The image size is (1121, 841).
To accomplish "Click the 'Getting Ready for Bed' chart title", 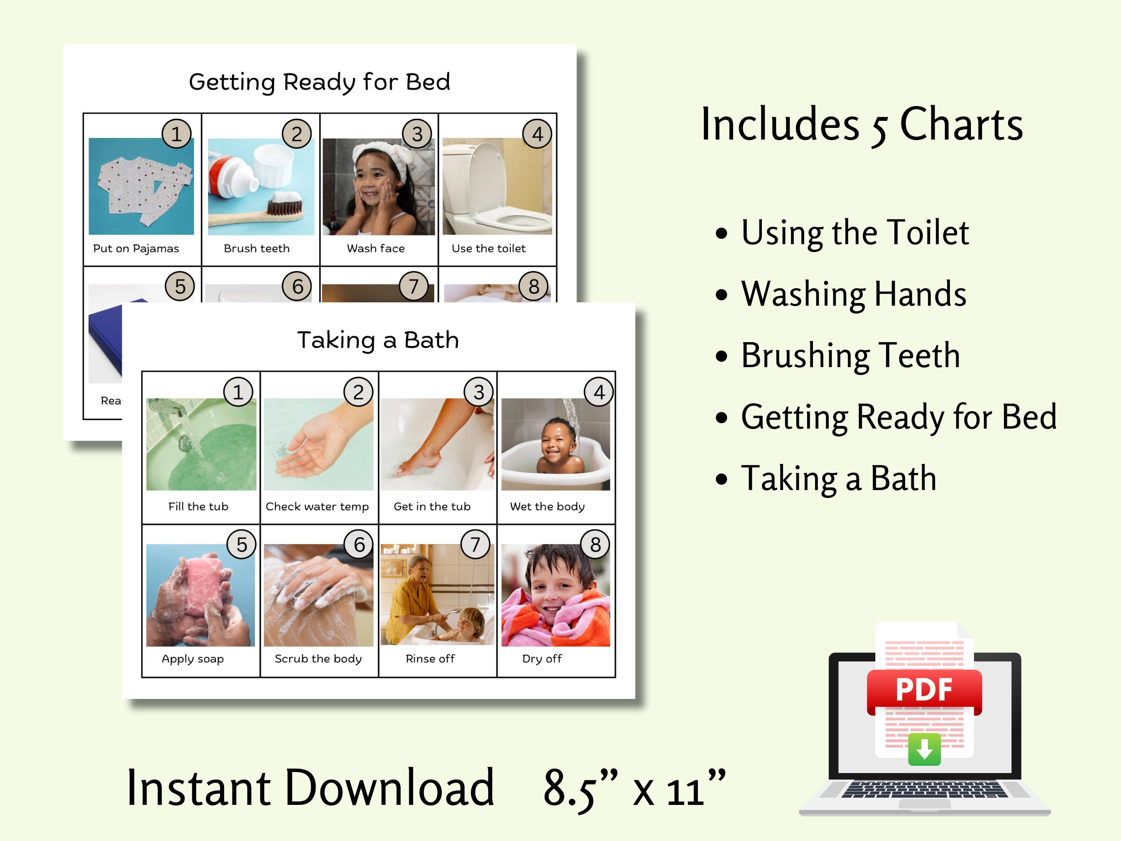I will (319, 82).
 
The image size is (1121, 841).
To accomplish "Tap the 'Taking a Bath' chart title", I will (378, 340).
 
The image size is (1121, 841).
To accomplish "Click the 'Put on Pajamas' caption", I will (136, 248).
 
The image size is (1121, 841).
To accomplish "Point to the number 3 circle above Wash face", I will (417, 134).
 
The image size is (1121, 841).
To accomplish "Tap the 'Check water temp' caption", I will (317, 506).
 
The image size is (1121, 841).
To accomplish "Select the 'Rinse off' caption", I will (430, 659).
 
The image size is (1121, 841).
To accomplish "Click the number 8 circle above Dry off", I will (595, 544).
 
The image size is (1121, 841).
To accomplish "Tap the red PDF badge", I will (924, 690).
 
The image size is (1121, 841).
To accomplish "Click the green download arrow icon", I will (924, 749).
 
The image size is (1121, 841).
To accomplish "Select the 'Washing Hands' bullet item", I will (854, 294).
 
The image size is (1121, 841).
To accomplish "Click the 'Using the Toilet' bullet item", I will (855, 233).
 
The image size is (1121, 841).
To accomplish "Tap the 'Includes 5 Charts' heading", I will (862, 125).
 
